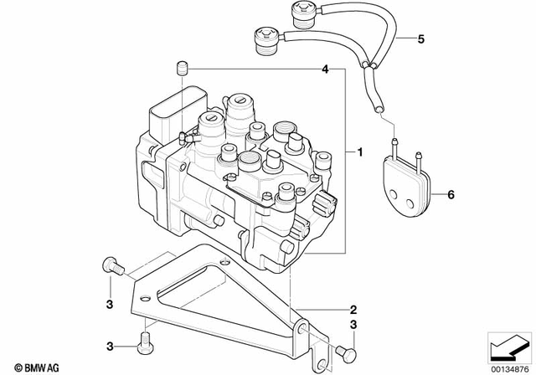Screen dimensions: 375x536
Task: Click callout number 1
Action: (x=360, y=153)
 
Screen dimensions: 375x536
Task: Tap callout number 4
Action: (x=325, y=69)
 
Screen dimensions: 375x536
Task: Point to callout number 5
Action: (x=421, y=39)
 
